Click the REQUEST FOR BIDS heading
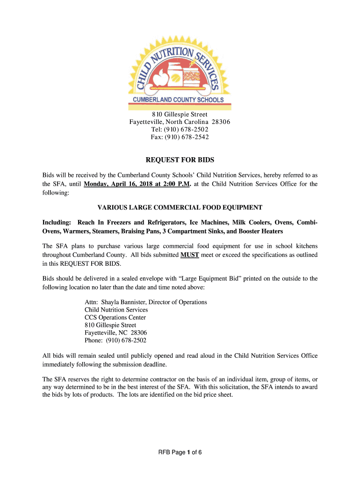tap(180, 160)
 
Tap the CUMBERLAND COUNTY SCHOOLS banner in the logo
tap(180, 100)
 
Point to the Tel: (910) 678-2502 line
tap(180, 130)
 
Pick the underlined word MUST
tap(190, 255)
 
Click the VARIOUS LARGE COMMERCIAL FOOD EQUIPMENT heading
tap(180, 207)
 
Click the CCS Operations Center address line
tap(115, 317)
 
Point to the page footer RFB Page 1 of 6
tap(180, 452)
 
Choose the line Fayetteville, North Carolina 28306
tap(180, 122)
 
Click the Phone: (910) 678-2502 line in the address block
tap(118, 340)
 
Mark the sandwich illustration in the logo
tap(193, 76)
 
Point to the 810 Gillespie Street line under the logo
tap(180, 115)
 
